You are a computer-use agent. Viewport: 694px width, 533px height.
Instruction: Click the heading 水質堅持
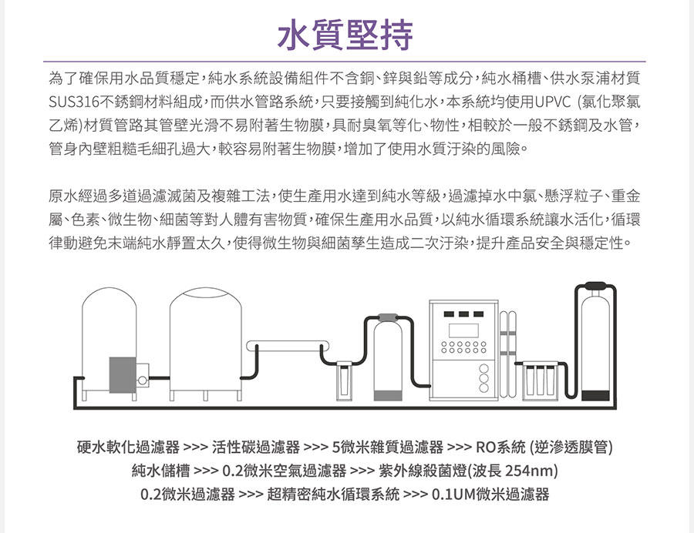click(346, 32)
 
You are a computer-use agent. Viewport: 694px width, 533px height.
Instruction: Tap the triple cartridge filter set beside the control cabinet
click(541, 380)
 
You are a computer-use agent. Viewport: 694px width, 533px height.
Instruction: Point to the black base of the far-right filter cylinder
click(596, 395)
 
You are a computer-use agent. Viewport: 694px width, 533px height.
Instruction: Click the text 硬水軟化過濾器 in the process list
click(128, 447)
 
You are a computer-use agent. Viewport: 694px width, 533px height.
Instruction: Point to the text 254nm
click(531, 471)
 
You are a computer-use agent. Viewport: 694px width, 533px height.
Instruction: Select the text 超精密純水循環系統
click(333, 494)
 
